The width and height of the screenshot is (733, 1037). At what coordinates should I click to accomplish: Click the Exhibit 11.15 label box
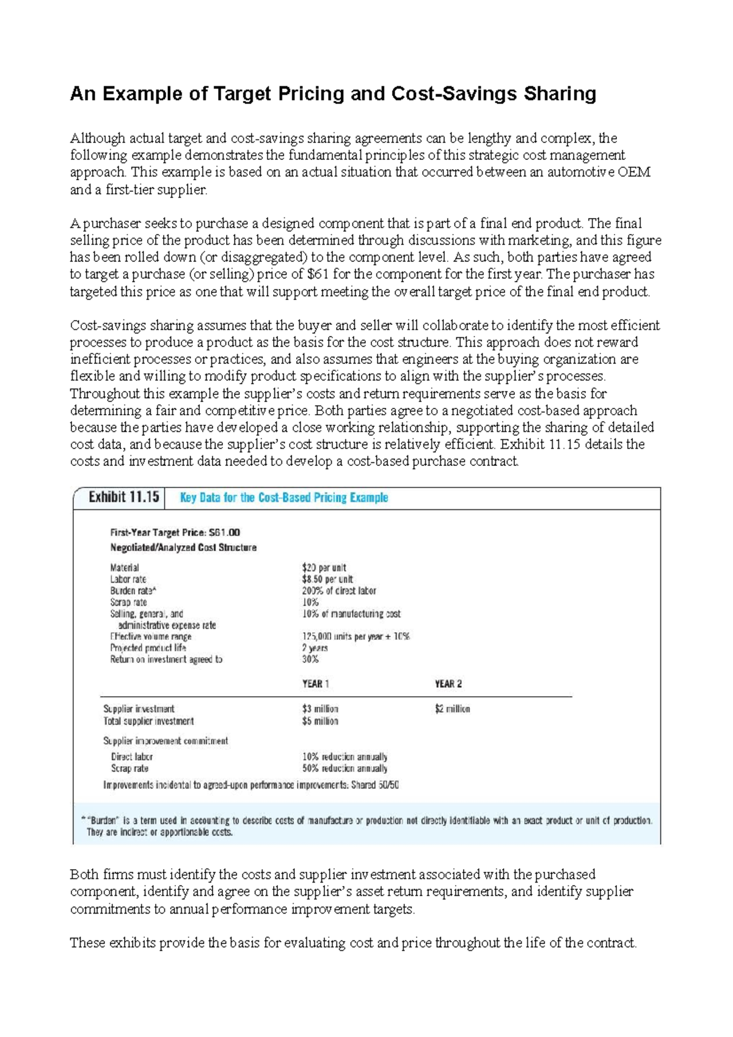(x=124, y=497)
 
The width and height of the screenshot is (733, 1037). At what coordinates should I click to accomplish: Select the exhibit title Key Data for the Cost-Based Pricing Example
(x=283, y=498)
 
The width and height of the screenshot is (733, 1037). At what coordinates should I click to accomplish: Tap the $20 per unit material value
(x=324, y=567)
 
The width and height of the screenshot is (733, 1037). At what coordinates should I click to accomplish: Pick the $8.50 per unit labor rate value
(x=327, y=579)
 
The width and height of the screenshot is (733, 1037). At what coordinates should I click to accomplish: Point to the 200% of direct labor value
(x=339, y=591)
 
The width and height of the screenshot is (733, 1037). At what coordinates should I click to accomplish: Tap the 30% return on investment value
(x=310, y=659)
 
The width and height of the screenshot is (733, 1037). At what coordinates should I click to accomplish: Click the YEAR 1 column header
(x=315, y=684)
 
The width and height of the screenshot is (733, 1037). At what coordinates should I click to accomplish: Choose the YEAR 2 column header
(x=448, y=684)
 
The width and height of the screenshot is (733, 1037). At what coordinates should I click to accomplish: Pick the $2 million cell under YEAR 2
(x=452, y=709)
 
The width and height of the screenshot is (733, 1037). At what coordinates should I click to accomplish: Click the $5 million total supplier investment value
(x=320, y=721)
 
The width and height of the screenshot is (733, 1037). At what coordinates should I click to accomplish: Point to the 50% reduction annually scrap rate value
(x=345, y=768)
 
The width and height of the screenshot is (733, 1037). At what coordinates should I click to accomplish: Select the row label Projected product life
(x=148, y=648)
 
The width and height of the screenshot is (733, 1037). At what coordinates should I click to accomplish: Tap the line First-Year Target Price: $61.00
(x=175, y=533)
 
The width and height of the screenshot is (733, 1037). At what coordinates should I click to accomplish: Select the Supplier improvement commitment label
(x=166, y=741)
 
